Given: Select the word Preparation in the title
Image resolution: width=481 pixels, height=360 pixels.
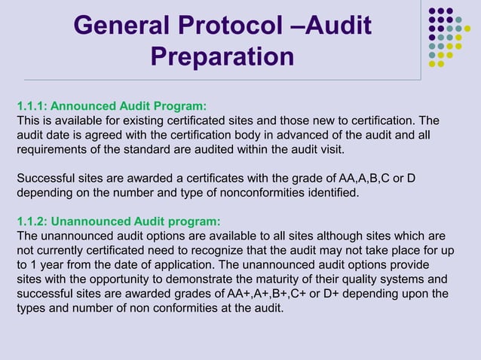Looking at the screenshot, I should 222,57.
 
